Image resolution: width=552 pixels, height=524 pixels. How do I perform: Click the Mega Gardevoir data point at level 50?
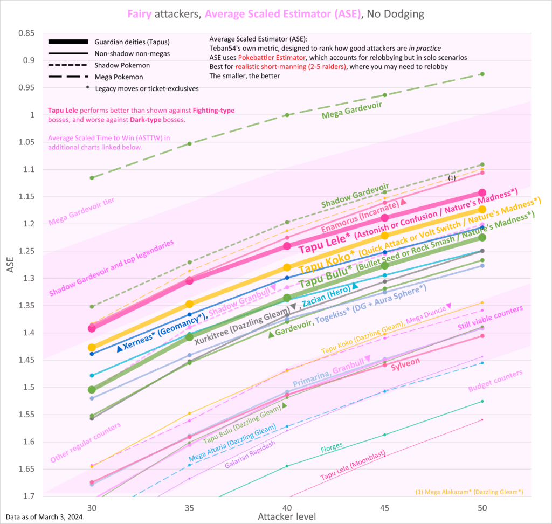pos(482,74)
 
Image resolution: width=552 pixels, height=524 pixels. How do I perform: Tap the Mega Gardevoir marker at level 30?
pos(92,177)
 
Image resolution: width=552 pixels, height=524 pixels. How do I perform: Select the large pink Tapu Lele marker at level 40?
pos(287,246)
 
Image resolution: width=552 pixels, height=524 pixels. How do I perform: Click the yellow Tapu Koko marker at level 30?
pos(92,348)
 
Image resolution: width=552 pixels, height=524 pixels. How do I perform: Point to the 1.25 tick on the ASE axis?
pos(27,251)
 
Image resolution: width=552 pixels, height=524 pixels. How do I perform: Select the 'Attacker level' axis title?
pos(287,516)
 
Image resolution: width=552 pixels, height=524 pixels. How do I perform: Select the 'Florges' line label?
pos(332,447)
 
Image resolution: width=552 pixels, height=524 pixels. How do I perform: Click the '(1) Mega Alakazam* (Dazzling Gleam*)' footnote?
pos(469,492)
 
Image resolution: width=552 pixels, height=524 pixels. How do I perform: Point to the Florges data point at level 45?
pos(384,435)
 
